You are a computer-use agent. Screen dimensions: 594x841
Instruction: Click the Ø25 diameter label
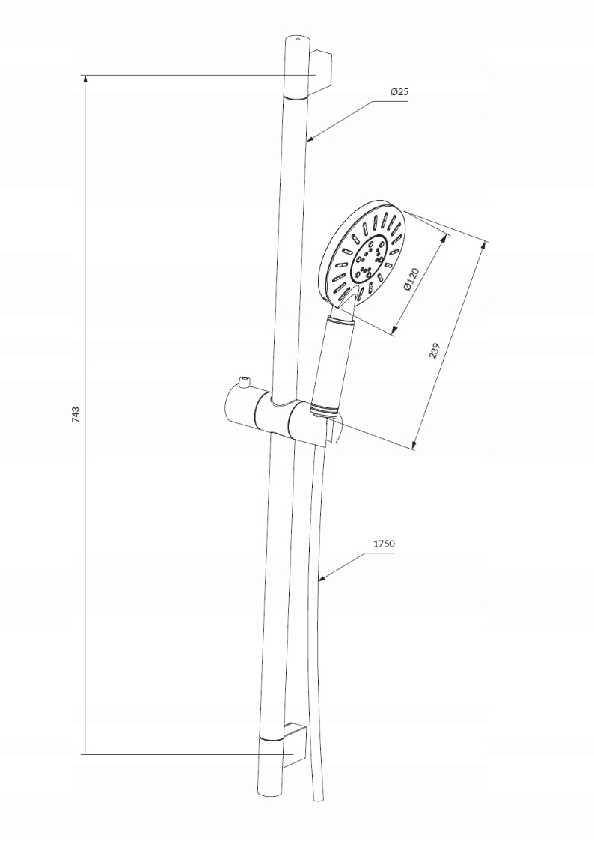pyautogui.click(x=399, y=91)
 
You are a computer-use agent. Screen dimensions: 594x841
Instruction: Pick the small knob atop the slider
pyautogui.click(x=243, y=384)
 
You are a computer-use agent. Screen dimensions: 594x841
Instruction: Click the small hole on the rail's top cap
pyautogui.click(x=298, y=39)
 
